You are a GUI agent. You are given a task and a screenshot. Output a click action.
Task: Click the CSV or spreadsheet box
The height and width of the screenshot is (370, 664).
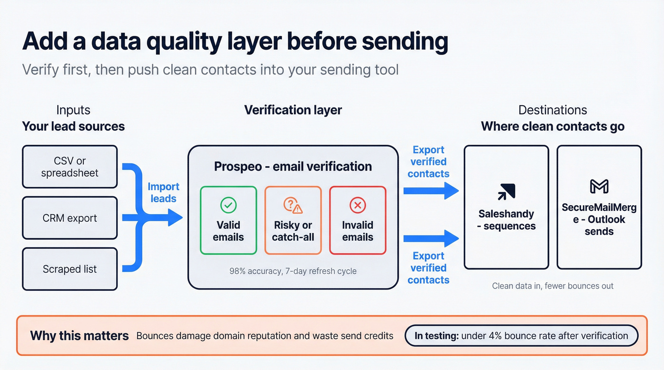(70, 167)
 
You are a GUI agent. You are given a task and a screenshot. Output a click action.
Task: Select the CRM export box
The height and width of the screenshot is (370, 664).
(70, 218)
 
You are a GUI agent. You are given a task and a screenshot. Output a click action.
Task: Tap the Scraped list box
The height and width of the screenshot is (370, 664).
(70, 269)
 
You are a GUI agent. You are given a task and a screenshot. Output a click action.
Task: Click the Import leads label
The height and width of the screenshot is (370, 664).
(164, 192)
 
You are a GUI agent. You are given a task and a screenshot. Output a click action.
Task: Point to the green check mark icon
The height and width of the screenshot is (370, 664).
(228, 205)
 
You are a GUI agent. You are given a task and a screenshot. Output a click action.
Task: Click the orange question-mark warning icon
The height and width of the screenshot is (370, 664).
(293, 205)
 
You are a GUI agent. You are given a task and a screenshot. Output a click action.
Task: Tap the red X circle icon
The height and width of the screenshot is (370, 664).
(358, 205)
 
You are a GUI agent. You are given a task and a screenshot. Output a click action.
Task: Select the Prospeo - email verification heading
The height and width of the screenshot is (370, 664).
(293, 167)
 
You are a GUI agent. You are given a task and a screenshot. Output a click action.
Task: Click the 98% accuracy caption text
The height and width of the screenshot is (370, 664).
(293, 271)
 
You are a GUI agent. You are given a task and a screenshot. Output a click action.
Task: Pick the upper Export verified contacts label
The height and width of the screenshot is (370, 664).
(428, 162)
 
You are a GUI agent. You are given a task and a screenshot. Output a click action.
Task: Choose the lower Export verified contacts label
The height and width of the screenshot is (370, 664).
(428, 268)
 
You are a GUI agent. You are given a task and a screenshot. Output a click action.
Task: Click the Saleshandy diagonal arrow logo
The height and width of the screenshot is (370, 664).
(506, 192)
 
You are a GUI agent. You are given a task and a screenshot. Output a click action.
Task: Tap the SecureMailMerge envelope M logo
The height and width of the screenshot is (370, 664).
(599, 187)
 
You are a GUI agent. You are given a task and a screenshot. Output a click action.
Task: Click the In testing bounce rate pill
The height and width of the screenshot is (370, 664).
(521, 336)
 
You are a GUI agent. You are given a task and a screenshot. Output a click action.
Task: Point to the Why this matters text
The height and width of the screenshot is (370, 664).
(79, 336)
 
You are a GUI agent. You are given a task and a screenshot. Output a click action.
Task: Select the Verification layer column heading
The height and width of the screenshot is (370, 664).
(293, 110)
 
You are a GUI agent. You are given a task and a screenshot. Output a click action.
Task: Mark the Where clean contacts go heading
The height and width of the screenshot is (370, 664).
(553, 126)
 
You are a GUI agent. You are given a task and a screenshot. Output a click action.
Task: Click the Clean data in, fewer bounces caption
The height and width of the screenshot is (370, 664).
(553, 286)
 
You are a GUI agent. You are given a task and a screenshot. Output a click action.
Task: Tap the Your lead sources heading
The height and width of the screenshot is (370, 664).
(74, 126)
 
